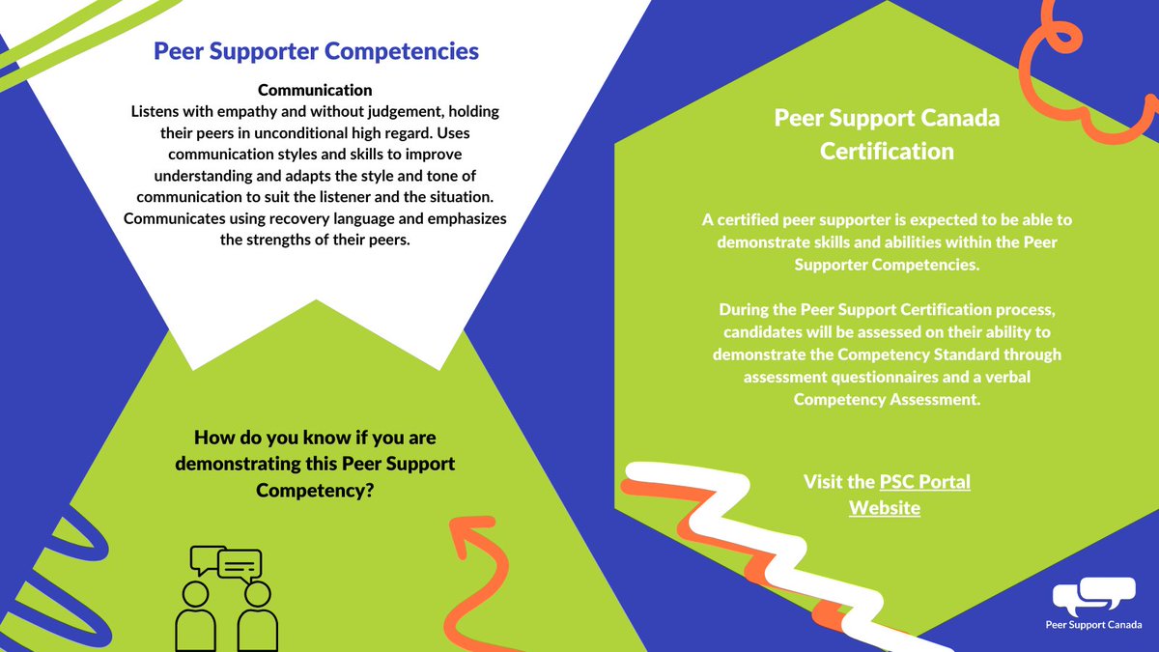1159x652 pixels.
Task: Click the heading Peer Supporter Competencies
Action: [x=316, y=50]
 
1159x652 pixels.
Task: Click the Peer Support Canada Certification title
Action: [x=887, y=134]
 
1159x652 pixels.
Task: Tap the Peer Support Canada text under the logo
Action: [x=1093, y=626]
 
